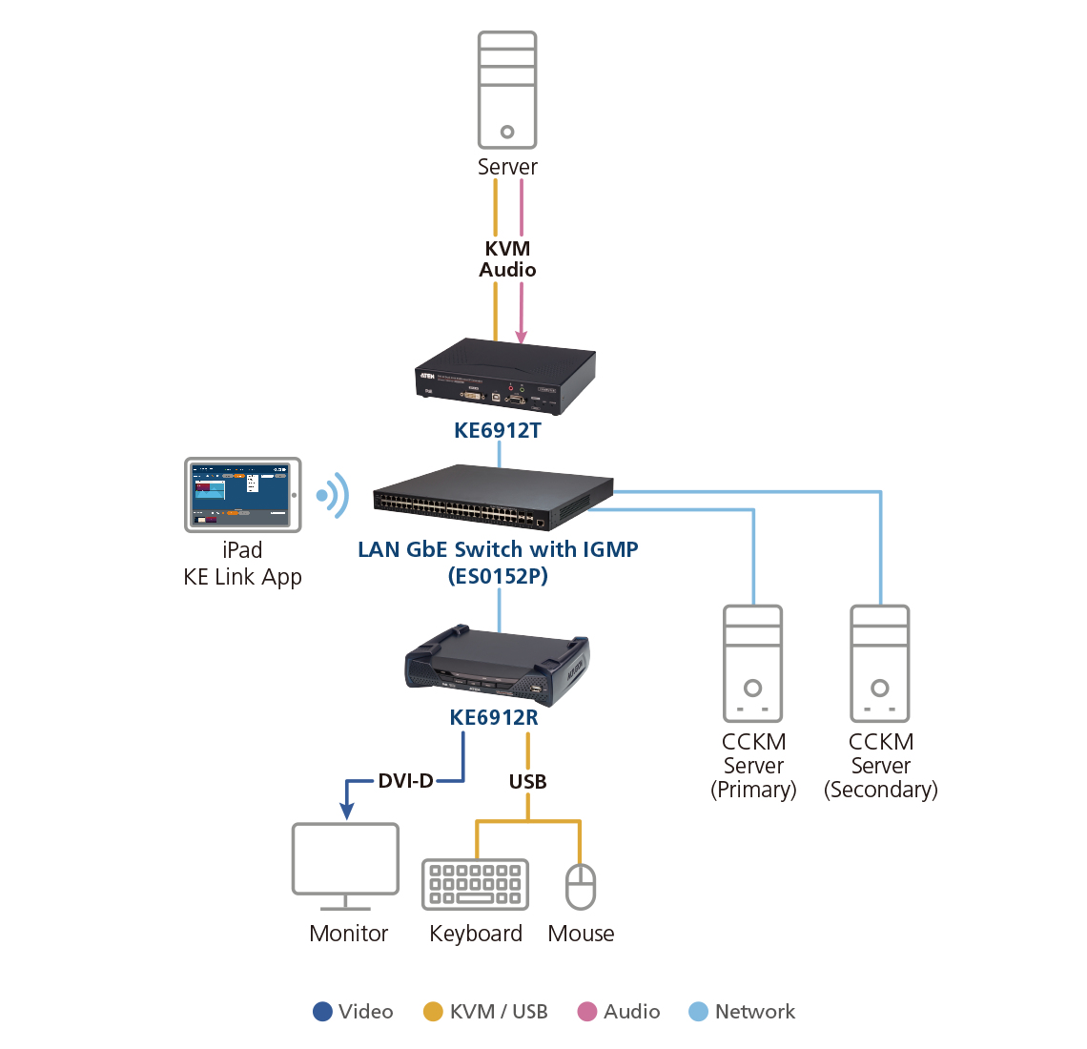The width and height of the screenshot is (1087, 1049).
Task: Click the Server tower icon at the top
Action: [x=507, y=90]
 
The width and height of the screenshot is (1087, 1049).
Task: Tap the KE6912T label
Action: [x=498, y=430]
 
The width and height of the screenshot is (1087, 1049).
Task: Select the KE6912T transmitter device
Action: [x=505, y=377]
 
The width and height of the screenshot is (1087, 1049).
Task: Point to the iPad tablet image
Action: [x=243, y=494]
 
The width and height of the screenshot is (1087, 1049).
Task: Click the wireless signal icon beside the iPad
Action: [x=333, y=496]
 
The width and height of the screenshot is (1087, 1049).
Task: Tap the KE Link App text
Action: [x=242, y=577]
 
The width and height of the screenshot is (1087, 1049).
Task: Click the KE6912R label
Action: [x=494, y=717]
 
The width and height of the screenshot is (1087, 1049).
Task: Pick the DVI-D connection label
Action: [x=406, y=781]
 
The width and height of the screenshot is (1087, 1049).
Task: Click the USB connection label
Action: [x=527, y=782]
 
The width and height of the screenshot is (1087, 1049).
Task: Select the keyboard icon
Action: [x=475, y=884]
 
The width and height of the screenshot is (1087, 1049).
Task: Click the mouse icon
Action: [x=581, y=887]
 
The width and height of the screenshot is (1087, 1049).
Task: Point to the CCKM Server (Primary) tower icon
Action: [x=753, y=664]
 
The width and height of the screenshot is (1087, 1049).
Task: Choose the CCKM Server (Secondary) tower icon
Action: [x=880, y=664]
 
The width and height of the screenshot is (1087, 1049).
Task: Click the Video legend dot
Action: [x=322, y=1012]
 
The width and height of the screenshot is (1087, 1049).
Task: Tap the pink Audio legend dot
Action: [x=587, y=1012]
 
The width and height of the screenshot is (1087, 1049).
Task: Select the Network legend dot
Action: [x=699, y=1012]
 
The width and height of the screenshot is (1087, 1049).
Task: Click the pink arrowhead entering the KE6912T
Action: [x=522, y=336]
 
